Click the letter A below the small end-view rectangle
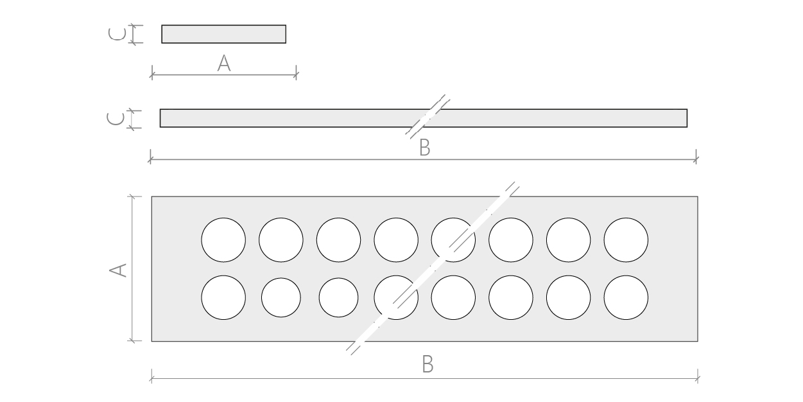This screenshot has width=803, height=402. tap(224, 63)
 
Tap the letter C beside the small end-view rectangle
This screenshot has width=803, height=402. tap(117, 34)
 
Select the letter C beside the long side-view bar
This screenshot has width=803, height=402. tap(116, 119)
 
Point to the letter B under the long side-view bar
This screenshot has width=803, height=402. tap(425, 148)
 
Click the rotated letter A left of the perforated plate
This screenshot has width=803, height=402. tap(118, 270)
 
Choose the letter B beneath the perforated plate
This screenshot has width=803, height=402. tap(427, 364)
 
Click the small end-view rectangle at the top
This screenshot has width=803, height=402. tap(223, 34)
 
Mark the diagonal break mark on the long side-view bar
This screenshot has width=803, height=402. tap(427, 116)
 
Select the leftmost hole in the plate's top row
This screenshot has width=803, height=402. tap(223, 240)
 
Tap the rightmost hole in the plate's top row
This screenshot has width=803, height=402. tap(626, 240)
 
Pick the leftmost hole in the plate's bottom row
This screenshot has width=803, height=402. tap(223, 297)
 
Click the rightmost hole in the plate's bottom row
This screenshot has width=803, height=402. tap(626, 297)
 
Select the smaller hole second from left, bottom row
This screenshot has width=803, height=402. tap(281, 297)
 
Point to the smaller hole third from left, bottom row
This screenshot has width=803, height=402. tap(338, 297)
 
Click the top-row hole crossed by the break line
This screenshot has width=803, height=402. tap(453, 240)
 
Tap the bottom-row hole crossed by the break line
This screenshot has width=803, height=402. tap(396, 297)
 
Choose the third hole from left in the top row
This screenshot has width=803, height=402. tap(338, 240)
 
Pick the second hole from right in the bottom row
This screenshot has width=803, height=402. tap(569, 297)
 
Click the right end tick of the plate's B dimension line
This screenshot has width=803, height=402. tap(698, 378)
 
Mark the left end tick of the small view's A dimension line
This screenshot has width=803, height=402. tap(152, 75)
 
